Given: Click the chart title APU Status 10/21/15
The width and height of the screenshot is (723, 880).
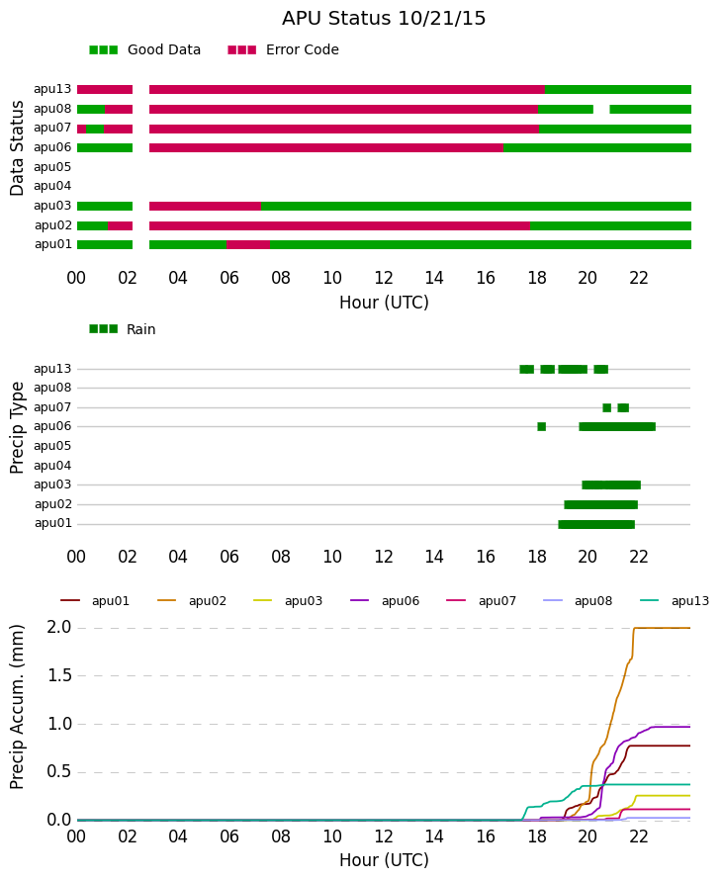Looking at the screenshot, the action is [384, 19].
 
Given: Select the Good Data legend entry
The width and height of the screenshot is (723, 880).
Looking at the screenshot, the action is [144, 50].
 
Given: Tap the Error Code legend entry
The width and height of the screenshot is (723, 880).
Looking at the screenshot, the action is [283, 50].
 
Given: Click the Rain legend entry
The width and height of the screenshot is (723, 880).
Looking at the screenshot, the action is [122, 329].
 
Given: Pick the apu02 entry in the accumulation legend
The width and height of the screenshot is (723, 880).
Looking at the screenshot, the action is [192, 601].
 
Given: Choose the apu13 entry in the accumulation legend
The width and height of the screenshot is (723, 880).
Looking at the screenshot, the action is [675, 601].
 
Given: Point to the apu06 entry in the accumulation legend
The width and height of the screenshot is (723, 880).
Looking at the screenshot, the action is [385, 601].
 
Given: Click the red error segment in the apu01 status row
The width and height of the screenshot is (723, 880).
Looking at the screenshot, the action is [248, 244].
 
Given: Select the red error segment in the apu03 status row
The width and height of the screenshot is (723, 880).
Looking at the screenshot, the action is [205, 206].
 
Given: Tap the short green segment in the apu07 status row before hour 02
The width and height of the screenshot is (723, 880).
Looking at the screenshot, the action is [95, 129].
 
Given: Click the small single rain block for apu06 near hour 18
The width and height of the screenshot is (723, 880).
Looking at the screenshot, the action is [542, 426].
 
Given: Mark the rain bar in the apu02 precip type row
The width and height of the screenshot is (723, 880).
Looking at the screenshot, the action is [600, 504].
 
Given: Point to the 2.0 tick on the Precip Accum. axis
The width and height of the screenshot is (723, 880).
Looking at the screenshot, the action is [59, 627].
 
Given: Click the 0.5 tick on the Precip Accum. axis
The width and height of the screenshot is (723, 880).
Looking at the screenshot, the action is [59, 771].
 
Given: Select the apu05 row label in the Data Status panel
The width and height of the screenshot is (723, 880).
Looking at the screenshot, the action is [52, 167].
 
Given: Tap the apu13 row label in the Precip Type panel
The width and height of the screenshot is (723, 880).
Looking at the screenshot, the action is [52, 369].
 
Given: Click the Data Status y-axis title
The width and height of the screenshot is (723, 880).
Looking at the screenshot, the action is [17, 148].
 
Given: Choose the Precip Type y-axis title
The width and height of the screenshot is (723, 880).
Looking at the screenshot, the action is [17, 428].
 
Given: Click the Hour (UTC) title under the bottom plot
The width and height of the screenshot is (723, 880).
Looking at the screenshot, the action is [384, 860].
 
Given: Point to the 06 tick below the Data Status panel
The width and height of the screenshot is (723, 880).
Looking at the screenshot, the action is [229, 278].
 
